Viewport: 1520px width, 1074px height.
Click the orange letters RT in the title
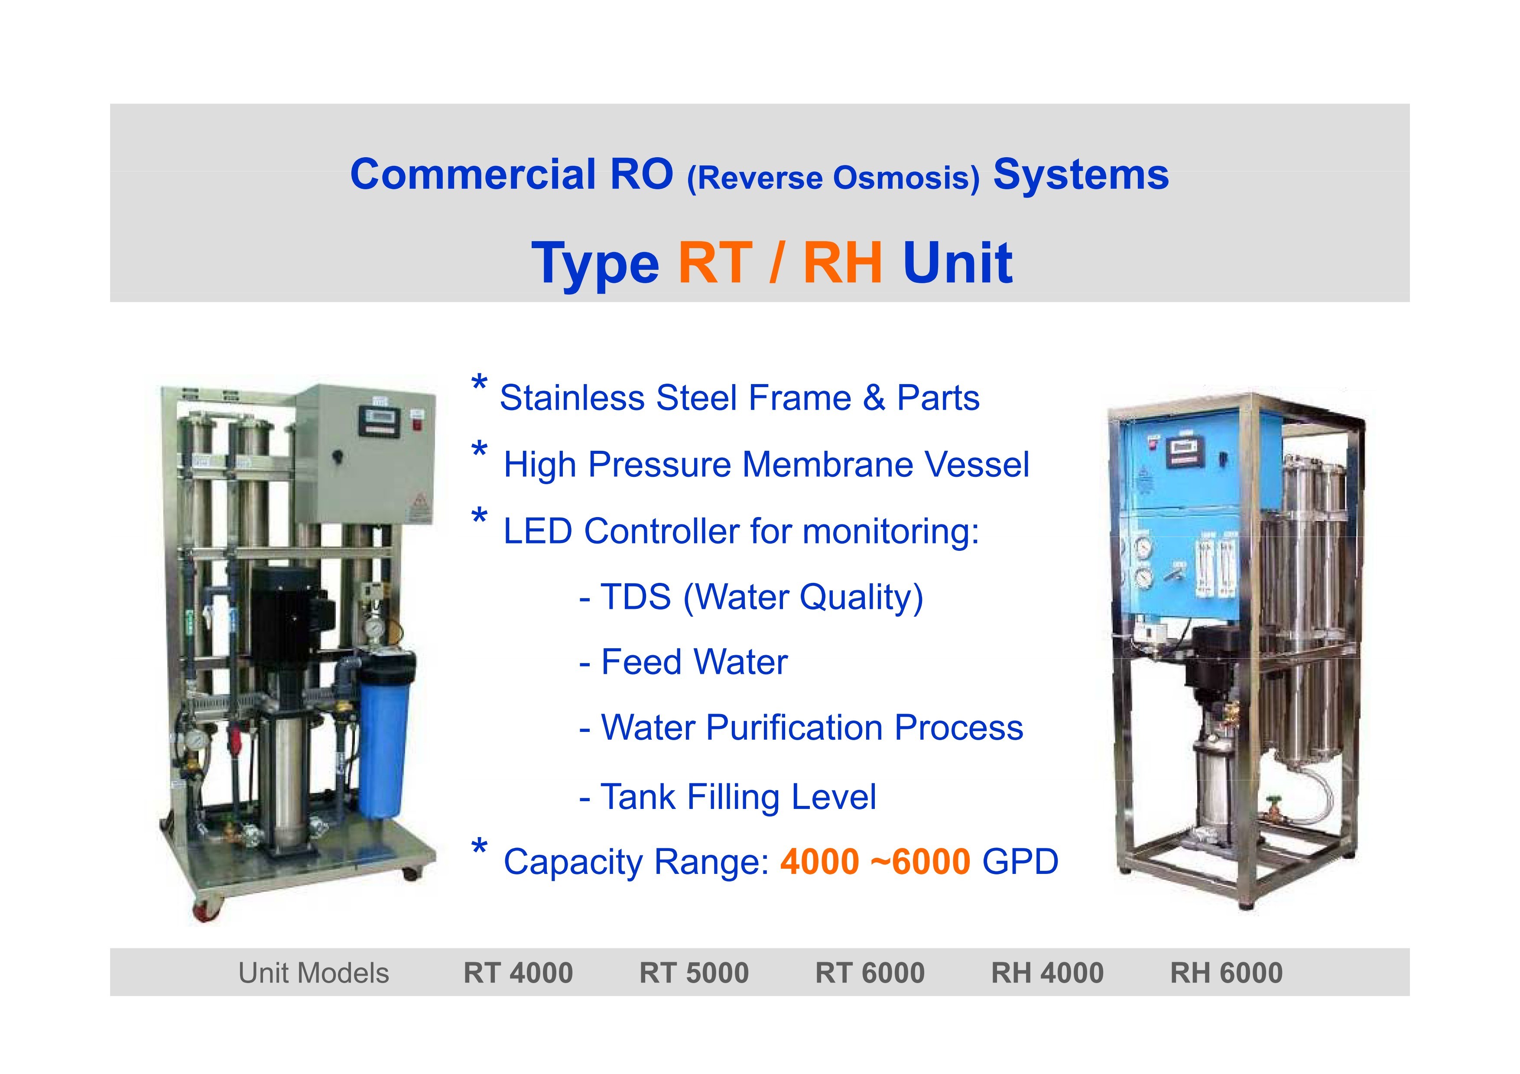716,263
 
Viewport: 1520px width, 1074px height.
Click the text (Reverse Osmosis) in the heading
834,178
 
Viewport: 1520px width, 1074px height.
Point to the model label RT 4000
518,973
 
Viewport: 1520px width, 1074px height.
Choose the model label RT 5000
694,973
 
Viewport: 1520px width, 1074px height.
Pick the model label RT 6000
870,973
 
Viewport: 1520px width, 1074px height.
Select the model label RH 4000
1047,973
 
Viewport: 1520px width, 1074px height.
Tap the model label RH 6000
1226,973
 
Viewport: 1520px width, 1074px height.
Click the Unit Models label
314,973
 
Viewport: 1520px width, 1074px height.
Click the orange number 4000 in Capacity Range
820,862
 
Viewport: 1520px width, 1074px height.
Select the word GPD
1020,862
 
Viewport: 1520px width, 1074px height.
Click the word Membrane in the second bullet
828,465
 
